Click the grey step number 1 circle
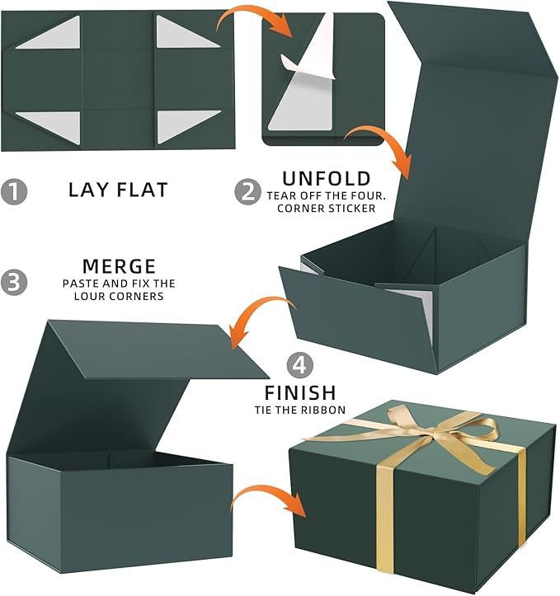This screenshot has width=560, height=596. pyautogui.click(x=14, y=191)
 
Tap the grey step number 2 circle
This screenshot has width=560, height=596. pyautogui.click(x=248, y=192)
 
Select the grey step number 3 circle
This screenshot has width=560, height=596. pyautogui.click(x=14, y=283)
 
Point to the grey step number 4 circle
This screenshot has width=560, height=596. pyautogui.click(x=300, y=365)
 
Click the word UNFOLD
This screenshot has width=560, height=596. pyautogui.click(x=327, y=179)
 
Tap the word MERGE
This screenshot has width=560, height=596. pyautogui.click(x=119, y=266)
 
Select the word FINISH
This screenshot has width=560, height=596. pyautogui.click(x=300, y=393)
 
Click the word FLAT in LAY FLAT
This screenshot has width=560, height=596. pyautogui.click(x=142, y=190)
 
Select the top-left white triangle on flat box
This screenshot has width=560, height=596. pyautogui.click(x=48, y=32)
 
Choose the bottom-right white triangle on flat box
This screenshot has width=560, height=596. pyautogui.click(x=189, y=127)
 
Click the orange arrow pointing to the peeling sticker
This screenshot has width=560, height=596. pyautogui.click(x=256, y=21)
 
